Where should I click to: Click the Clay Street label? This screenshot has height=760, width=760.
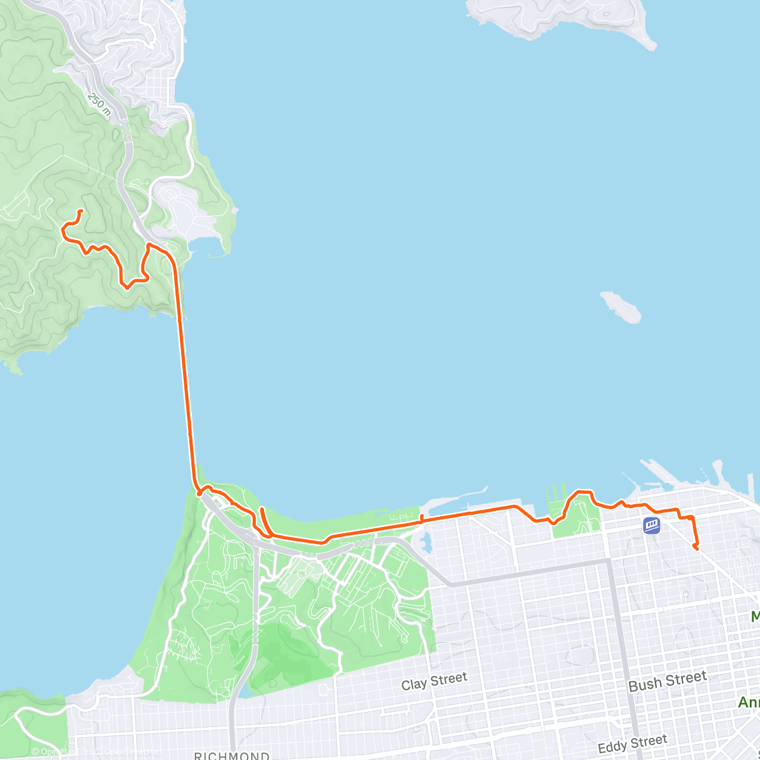[434, 681]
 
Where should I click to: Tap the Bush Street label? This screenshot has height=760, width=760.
[667, 681]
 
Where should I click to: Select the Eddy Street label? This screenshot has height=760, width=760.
[632, 745]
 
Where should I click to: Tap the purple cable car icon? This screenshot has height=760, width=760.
[652, 525]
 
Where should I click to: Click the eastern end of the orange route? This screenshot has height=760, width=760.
[697, 548]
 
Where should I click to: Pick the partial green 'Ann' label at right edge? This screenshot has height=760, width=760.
[749, 702]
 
